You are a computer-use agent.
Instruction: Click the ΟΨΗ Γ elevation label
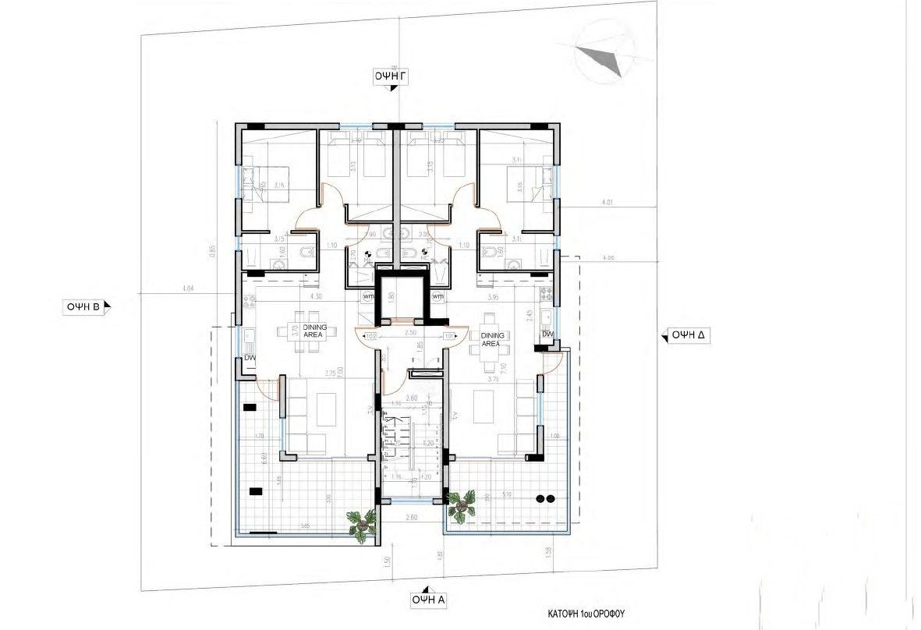point(395,75)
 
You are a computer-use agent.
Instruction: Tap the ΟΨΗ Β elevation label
point(83,306)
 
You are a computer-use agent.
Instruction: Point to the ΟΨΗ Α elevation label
point(428,600)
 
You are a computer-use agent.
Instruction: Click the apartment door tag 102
point(371,336)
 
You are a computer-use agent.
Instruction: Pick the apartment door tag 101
point(449,336)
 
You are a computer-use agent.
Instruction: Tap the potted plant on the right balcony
point(462,505)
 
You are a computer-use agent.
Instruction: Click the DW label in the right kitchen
point(547,335)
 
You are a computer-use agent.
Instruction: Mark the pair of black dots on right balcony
point(546,498)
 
